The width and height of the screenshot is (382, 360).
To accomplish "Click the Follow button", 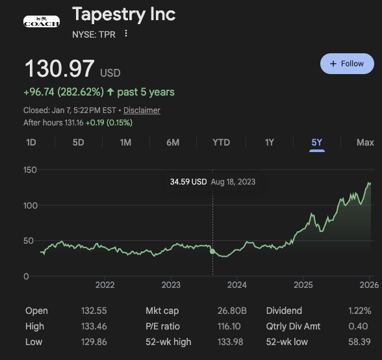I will (347, 64).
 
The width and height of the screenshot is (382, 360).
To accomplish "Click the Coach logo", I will (41, 21).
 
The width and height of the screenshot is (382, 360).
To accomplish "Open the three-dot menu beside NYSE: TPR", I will (126, 34).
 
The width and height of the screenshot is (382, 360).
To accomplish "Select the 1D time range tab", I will (31, 142).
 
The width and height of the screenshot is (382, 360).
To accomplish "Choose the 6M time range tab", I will (173, 142).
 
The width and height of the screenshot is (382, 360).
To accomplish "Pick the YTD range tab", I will (221, 142).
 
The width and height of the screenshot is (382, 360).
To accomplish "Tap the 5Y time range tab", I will (317, 142).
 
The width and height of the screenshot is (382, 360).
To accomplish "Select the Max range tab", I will (365, 142).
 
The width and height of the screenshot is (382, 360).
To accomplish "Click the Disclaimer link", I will (142, 110).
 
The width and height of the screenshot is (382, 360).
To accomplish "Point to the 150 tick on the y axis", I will (30, 170).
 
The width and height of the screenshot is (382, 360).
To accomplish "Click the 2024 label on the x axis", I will (237, 285).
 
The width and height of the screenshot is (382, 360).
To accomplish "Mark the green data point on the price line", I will (212, 251).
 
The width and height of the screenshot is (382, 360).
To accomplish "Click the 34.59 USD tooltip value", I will (188, 182).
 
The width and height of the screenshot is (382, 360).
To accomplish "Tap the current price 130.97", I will (59, 70).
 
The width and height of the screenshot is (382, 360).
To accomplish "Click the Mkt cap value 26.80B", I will (231, 311).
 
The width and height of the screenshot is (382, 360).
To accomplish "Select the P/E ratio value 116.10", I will (231, 326).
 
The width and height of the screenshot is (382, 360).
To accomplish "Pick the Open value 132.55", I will (94, 311).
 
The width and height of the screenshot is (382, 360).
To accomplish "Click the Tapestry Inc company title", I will (123, 14).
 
